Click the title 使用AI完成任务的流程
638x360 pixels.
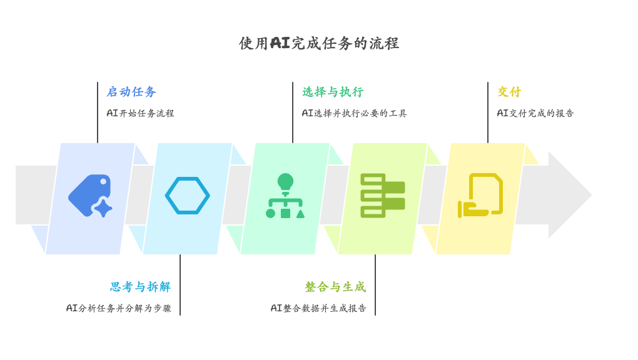click(x=319, y=43)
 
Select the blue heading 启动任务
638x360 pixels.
click(x=131, y=92)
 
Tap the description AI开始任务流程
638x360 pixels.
click(x=140, y=113)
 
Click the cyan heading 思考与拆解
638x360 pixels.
click(x=141, y=287)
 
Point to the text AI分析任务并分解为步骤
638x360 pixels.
click(x=119, y=308)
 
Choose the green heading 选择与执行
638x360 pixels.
click(x=333, y=92)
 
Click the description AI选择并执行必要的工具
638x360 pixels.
click(x=354, y=113)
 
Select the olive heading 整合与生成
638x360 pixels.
click(x=335, y=287)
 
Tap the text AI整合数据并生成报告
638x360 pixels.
click(x=318, y=308)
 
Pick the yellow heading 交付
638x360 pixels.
click(x=509, y=92)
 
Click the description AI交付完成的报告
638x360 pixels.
click(x=535, y=113)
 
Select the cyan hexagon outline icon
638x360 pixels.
click(x=188, y=196)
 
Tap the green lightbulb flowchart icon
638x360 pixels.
click(x=285, y=196)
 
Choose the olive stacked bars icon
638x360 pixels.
click(x=383, y=196)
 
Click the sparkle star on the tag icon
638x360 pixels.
click(x=103, y=207)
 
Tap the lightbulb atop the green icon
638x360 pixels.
click(x=285, y=181)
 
